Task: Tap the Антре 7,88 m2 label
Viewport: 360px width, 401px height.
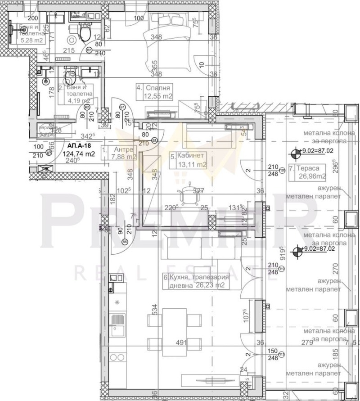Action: (x=119, y=153)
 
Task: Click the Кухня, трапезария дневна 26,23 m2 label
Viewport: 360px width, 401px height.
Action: (x=196, y=281)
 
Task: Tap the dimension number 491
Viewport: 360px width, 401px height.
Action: (x=181, y=342)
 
